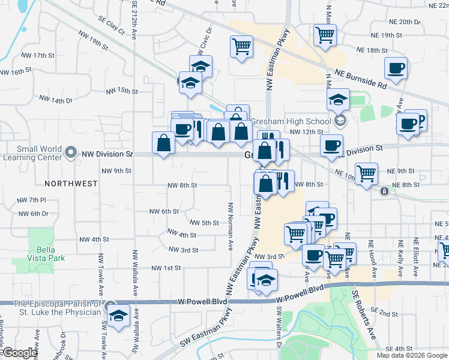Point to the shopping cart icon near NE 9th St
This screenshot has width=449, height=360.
[366, 174]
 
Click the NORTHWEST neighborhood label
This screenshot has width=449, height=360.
[71, 184]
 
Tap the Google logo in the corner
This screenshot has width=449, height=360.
[19, 353]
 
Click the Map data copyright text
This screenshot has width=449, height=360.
[411, 355]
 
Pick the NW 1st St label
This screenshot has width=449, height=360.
[166, 268]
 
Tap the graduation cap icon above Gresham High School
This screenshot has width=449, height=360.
[339, 100]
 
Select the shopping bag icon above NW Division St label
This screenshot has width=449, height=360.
[163, 143]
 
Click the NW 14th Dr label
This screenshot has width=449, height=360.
[56, 98]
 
